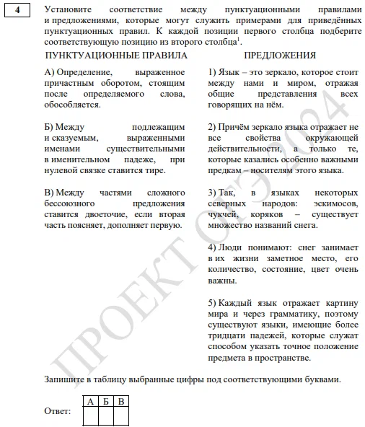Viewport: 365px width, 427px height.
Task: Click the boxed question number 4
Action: pos(16,10)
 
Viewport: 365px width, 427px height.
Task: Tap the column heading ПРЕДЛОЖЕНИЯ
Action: pos(279,56)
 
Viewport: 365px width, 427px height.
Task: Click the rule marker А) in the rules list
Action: pos(50,72)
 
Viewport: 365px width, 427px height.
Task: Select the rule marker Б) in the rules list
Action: pos(50,126)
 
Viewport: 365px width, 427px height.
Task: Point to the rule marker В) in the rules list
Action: pos(50,193)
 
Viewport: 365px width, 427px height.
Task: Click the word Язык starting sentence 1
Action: pos(230,72)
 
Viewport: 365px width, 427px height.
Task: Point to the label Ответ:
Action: pos(58,411)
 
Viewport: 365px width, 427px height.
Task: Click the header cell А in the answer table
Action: pos(89,400)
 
